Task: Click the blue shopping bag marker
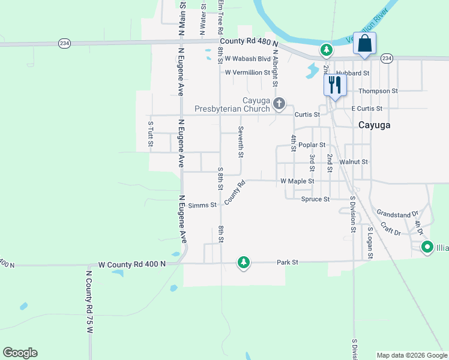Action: tap(364, 44)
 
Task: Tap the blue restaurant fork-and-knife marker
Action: tap(334, 85)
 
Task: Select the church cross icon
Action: tap(279, 104)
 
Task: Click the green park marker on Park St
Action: tap(243, 263)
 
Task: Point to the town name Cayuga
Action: tap(375, 125)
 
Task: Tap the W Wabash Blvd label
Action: tap(248, 59)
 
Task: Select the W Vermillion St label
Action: tap(247, 73)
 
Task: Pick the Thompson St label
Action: tap(378, 91)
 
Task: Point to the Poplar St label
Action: tap(312, 145)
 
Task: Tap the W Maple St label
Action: tap(297, 181)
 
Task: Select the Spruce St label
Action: tap(316, 199)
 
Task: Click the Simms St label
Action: tap(202, 205)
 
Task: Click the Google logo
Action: tap(20, 353)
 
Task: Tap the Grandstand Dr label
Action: tap(397, 214)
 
